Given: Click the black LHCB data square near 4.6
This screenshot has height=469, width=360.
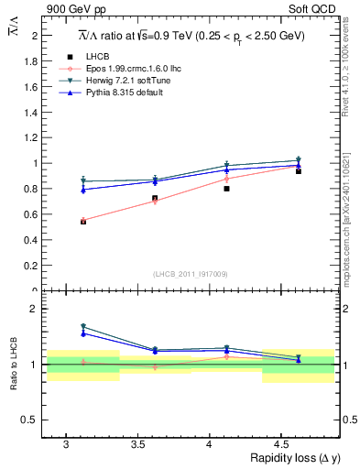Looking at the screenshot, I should pyautogui.click(x=299, y=171).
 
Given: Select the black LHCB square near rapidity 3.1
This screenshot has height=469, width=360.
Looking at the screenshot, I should pyautogui.click(x=83, y=221).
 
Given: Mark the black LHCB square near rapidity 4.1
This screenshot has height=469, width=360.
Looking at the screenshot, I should pyautogui.click(x=227, y=189).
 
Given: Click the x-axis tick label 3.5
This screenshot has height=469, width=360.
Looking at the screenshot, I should pyautogui.click(x=137, y=443).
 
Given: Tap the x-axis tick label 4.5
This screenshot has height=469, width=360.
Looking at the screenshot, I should pyautogui.click(x=281, y=443).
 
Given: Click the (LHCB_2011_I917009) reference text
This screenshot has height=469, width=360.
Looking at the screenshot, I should pyautogui.click(x=191, y=274).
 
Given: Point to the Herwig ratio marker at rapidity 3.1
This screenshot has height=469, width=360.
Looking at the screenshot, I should pyautogui.click(x=83, y=326).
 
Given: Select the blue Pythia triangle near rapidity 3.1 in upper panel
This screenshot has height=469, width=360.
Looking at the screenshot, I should pyautogui.click(x=83, y=190).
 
